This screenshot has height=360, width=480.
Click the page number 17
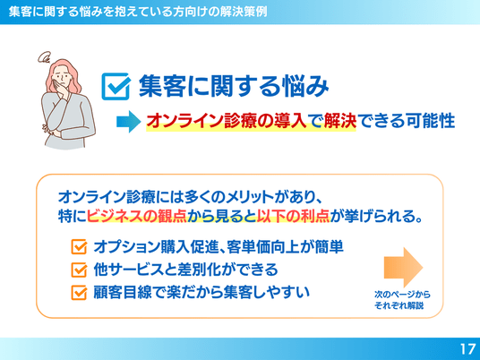[468, 349]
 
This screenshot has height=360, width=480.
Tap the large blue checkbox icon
[116, 86]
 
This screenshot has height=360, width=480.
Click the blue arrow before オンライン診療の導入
[129, 122]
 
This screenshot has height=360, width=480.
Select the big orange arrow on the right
[403, 267]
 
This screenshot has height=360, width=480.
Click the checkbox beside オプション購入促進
[79, 247]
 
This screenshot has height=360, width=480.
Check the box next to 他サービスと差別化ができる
[79, 270]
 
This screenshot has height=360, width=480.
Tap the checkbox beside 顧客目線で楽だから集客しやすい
[79, 292]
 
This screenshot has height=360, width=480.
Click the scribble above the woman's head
[45, 57]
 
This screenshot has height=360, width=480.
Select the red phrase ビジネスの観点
[137, 217]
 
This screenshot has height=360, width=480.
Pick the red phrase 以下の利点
[293, 217]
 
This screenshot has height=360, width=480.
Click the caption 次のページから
[402, 295]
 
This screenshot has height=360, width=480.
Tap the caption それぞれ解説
[399, 305]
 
